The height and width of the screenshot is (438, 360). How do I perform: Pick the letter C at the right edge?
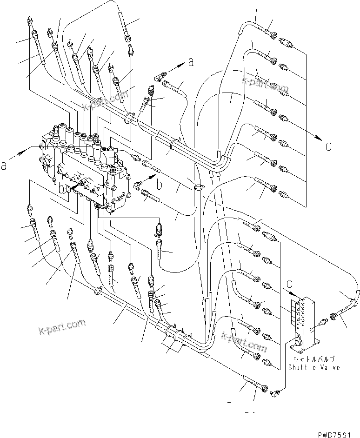pyautogui.click(x=328, y=147)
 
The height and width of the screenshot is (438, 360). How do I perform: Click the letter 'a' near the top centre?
pyautogui.click(x=191, y=63)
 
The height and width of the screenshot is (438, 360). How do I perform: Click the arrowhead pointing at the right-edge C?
pyautogui.click(x=318, y=138)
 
